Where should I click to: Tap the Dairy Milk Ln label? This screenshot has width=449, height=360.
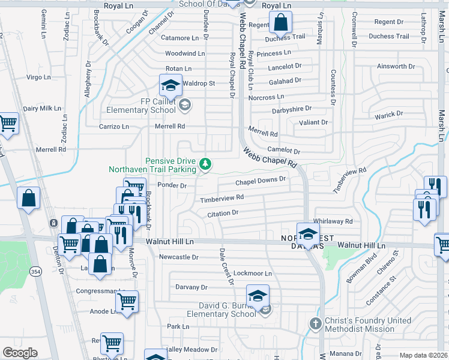pyautogui.click(x=42, y=109)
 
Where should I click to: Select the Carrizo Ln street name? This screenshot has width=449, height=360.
pyautogui.click(x=114, y=127)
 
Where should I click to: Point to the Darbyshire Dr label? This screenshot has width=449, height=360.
pyautogui.click(x=292, y=109)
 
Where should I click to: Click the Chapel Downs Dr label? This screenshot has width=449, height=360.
pyautogui.click(x=261, y=181)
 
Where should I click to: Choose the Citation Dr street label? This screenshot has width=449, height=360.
pyautogui.click(x=223, y=213)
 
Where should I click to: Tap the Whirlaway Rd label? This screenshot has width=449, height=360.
pyautogui.click(x=333, y=221)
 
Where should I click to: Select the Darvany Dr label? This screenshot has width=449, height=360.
pyautogui.click(x=191, y=287)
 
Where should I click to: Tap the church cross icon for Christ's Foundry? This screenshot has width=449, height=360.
pyautogui.click(x=316, y=325)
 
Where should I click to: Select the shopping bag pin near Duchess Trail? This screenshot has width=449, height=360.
pyautogui.click(x=280, y=24)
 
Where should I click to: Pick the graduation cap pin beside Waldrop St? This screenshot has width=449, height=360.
pyautogui.click(x=170, y=86)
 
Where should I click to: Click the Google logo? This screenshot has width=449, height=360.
pyautogui.click(x=20, y=353)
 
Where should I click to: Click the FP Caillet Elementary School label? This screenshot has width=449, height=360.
pyautogui.click(x=141, y=106)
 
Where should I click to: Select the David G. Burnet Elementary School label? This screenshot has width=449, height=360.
pyautogui.click(x=221, y=310)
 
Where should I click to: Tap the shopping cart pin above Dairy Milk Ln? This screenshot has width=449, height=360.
pyautogui.click(x=8, y=123)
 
